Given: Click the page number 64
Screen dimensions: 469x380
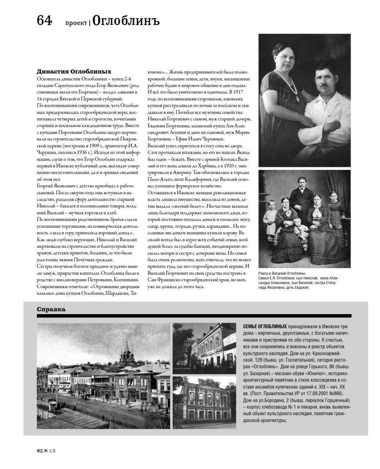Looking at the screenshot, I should coord(44,20).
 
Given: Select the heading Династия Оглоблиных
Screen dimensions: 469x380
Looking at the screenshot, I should coord(74,72).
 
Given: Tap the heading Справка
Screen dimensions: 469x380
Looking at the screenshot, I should coord(51,309).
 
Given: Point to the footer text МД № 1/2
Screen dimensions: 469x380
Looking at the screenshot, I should coord(46,451).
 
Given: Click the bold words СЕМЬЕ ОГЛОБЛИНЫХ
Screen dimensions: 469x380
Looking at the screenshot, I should coord(264,326).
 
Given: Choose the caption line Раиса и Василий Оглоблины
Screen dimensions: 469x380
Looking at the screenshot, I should coord(282,273).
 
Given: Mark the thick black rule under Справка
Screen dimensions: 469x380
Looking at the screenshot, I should coord(194,316).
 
